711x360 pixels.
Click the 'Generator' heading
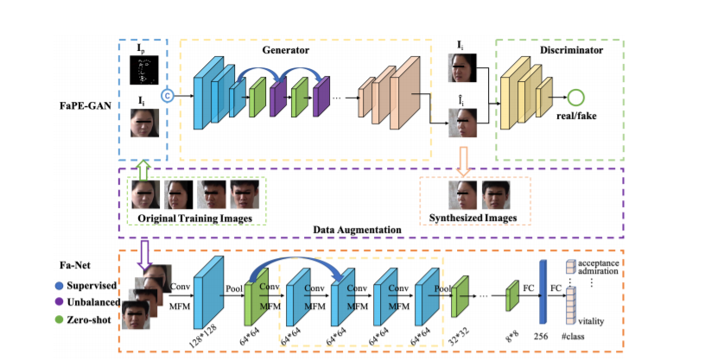click(285, 51)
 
